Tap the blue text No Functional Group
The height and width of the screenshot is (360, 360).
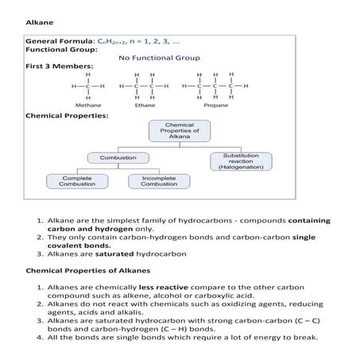[159, 58]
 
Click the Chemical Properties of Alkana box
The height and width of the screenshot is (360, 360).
[179, 131]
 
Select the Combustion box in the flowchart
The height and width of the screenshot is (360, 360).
[117, 158]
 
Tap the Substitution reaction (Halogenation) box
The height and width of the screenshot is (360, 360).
[242, 161]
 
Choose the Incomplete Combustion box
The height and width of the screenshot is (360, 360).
[158, 181]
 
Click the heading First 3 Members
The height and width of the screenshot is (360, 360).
[60, 66]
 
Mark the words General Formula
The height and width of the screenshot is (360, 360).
[60, 40]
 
